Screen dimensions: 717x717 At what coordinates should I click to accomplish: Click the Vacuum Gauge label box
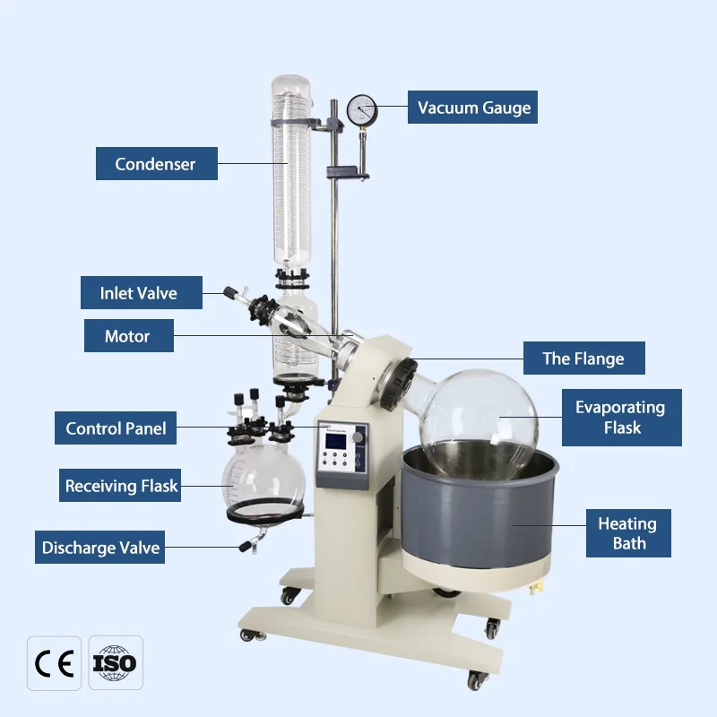click(x=473, y=108)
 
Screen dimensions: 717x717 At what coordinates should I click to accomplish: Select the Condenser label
click(x=156, y=164)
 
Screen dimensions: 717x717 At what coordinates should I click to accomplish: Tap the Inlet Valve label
click(x=139, y=293)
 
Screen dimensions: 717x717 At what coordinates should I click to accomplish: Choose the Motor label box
click(x=127, y=337)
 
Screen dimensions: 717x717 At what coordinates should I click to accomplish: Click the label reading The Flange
click(x=583, y=358)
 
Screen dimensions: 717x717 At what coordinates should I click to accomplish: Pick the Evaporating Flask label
click(x=621, y=418)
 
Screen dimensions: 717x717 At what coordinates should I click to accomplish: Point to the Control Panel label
click(x=116, y=428)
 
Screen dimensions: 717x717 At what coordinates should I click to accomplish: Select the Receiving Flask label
click(x=122, y=487)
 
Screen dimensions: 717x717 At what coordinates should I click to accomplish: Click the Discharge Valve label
click(x=101, y=548)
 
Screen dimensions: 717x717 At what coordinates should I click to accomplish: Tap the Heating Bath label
click(x=628, y=533)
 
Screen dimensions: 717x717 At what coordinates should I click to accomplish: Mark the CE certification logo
click(x=54, y=663)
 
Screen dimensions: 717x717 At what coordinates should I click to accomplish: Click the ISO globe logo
click(x=115, y=663)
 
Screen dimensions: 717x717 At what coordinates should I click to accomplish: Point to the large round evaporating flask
click(x=479, y=418)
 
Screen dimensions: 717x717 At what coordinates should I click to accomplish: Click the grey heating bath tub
click(x=479, y=520)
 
